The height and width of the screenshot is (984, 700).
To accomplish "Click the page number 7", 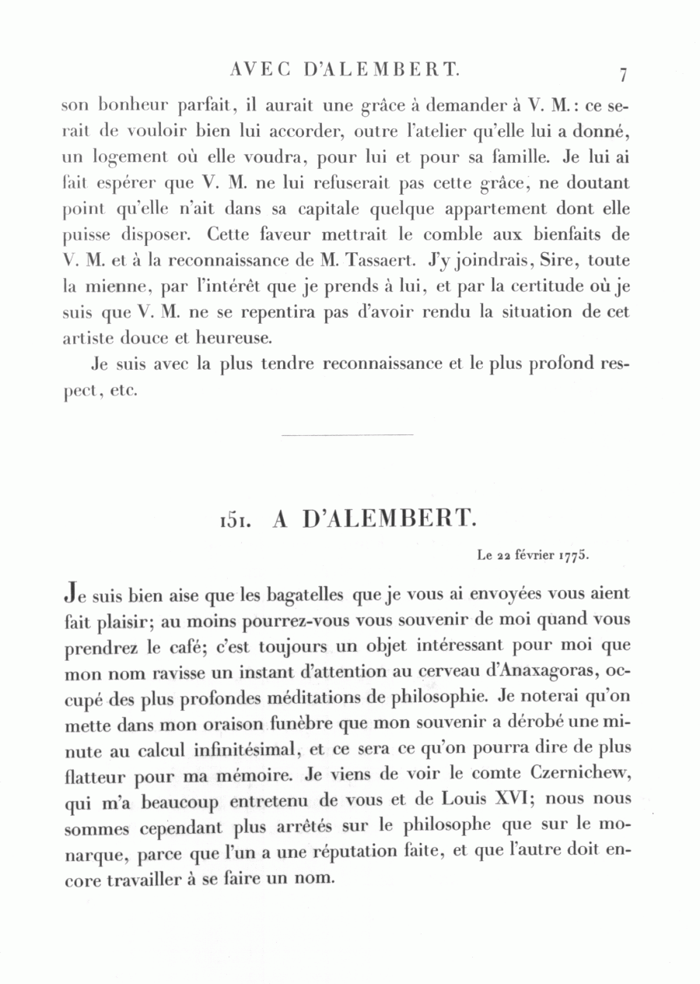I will (x=623, y=76).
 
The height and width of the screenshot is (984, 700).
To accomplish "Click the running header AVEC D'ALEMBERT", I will (x=345, y=71).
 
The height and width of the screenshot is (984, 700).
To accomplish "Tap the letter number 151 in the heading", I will (x=236, y=520).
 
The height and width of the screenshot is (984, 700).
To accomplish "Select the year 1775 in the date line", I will (x=575, y=556).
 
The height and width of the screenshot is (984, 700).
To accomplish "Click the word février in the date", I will (x=533, y=556).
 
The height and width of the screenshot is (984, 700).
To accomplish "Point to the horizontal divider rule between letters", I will (x=345, y=435).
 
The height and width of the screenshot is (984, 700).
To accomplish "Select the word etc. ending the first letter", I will (x=124, y=390).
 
